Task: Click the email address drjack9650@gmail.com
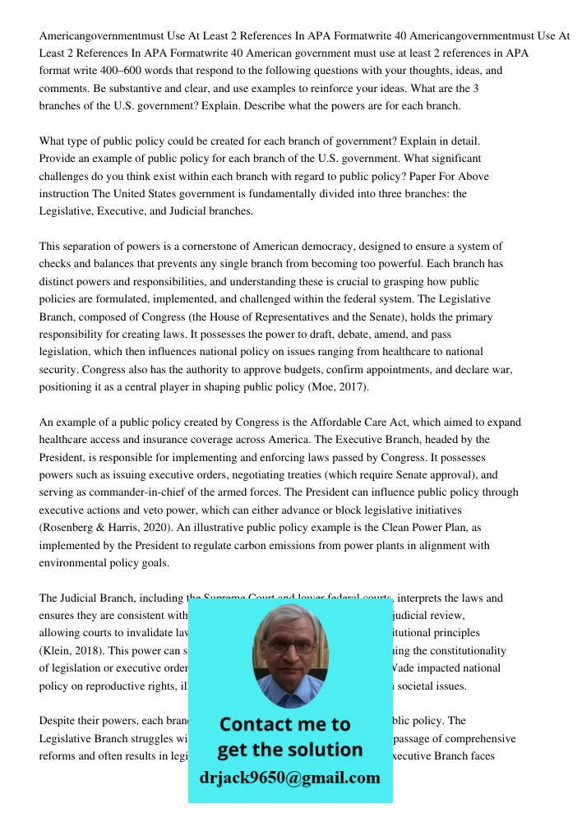click(x=289, y=777)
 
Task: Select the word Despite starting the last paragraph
click(x=58, y=721)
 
